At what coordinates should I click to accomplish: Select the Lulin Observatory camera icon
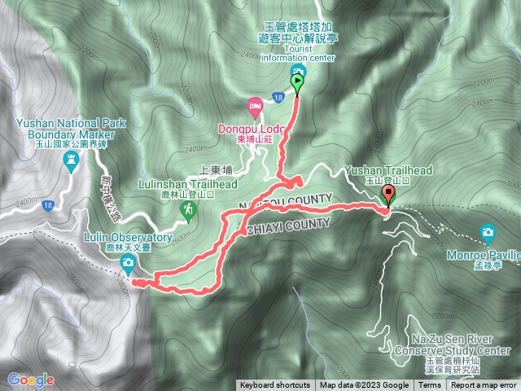(128, 261)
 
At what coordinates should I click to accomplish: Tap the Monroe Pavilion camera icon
(488, 232)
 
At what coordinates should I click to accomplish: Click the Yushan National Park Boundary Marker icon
(71, 163)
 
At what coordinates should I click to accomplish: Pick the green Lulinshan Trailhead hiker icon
(189, 210)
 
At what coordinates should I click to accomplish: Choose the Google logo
(30, 380)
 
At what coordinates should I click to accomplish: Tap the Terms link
(430, 385)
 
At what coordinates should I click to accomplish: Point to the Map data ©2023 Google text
(364, 385)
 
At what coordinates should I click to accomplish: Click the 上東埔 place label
(216, 172)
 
